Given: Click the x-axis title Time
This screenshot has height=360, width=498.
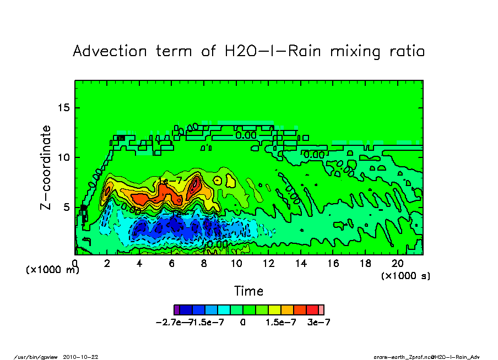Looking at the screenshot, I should point(248,291).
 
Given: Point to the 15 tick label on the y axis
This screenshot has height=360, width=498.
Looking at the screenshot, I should point(64,107).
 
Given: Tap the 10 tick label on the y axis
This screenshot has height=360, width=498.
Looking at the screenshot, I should point(64,157).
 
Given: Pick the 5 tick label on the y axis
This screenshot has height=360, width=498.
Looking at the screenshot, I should point(67,207).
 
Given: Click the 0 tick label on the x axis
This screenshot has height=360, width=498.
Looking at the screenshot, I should point(75,264).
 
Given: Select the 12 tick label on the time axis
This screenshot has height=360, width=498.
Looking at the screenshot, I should point(268,264).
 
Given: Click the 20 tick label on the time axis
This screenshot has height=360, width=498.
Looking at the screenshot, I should point(397,264).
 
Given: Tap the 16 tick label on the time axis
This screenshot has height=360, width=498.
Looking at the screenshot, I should point(333,264).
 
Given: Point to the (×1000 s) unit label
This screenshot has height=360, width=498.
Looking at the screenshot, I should point(406,275).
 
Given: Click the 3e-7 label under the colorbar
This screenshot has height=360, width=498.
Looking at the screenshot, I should point(319,323).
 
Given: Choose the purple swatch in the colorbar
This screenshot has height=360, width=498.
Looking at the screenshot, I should point(176,309).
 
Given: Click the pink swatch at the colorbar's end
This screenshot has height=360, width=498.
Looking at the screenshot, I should point(322,309).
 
